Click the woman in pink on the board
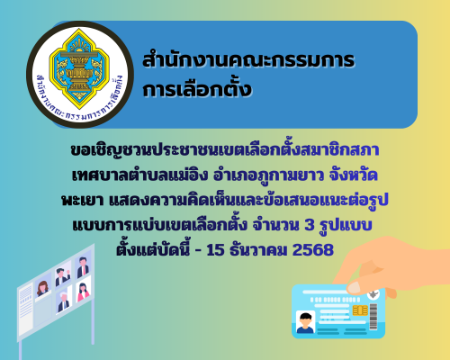[x=83, y=292]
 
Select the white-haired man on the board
[x=62, y=274]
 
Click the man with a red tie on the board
[x=83, y=267]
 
